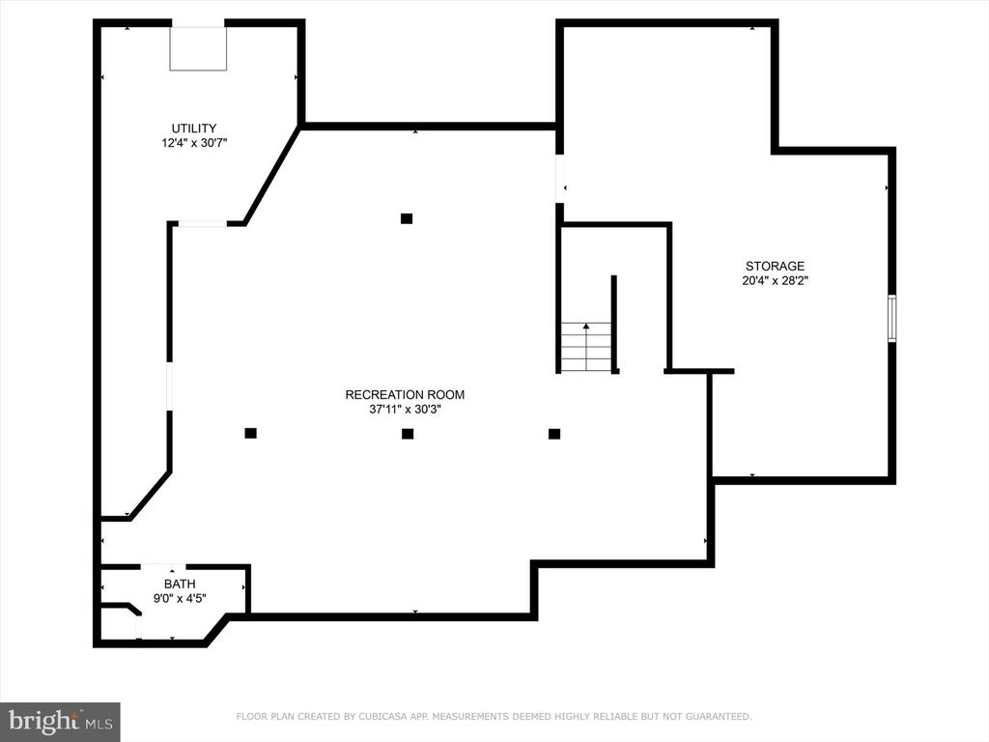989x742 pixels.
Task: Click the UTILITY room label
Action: click(x=193, y=128)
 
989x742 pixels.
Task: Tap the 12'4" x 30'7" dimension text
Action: click(x=193, y=143)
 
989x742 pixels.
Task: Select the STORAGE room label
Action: click(x=775, y=267)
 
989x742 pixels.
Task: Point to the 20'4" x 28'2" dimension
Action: click(x=775, y=281)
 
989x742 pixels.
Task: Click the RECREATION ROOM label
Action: click(x=405, y=395)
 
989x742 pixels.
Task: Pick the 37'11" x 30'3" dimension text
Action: click(x=405, y=410)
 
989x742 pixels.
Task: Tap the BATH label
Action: click(x=180, y=585)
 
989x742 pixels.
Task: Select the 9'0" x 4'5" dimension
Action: click(x=180, y=598)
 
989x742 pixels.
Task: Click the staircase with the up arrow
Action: click(x=586, y=347)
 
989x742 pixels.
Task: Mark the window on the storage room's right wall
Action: click(x=891, y=319)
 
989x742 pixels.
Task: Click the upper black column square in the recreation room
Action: click(x=407, y=219)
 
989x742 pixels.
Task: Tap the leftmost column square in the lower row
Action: click(x=250, y=433)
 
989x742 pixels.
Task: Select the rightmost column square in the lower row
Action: click(x=553, y=434)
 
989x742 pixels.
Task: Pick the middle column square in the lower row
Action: click(x=408, y=434)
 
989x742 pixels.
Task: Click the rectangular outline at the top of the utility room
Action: click(x=198, y=48)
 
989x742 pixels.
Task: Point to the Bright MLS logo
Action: click(x=60, y=722)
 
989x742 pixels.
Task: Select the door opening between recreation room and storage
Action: click(x=559, y=179)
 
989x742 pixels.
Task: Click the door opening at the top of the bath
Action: click(x=163, y=566)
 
